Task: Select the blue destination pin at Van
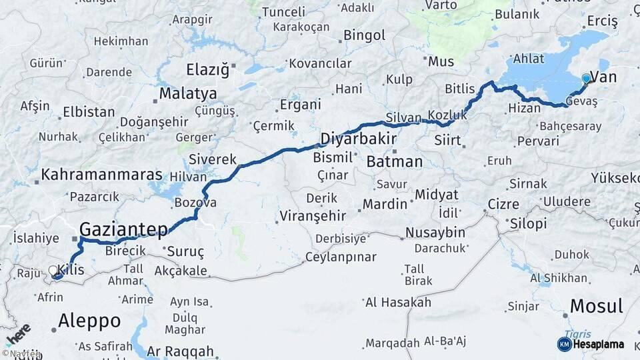[x=586, y=79]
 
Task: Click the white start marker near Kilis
[x=53, y=271]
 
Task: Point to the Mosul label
[x=597, y=307]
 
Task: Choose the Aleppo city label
[x=89, y=321]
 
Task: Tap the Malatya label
[x=188, y=93]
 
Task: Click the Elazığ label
[x=207, y=69]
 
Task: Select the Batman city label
[x=395, y=161]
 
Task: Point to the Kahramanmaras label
[x=103, y=175]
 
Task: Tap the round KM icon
[x=564, y=344]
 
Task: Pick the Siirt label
[x=447, y=141]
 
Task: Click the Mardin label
[x=385, y=203]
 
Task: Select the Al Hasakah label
[x=398, y=303]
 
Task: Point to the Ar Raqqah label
[x=181, y=351]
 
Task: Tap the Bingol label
[x=365, y=35]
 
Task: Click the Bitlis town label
[x=460, y=89]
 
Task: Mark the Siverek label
[x=213, y=160]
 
